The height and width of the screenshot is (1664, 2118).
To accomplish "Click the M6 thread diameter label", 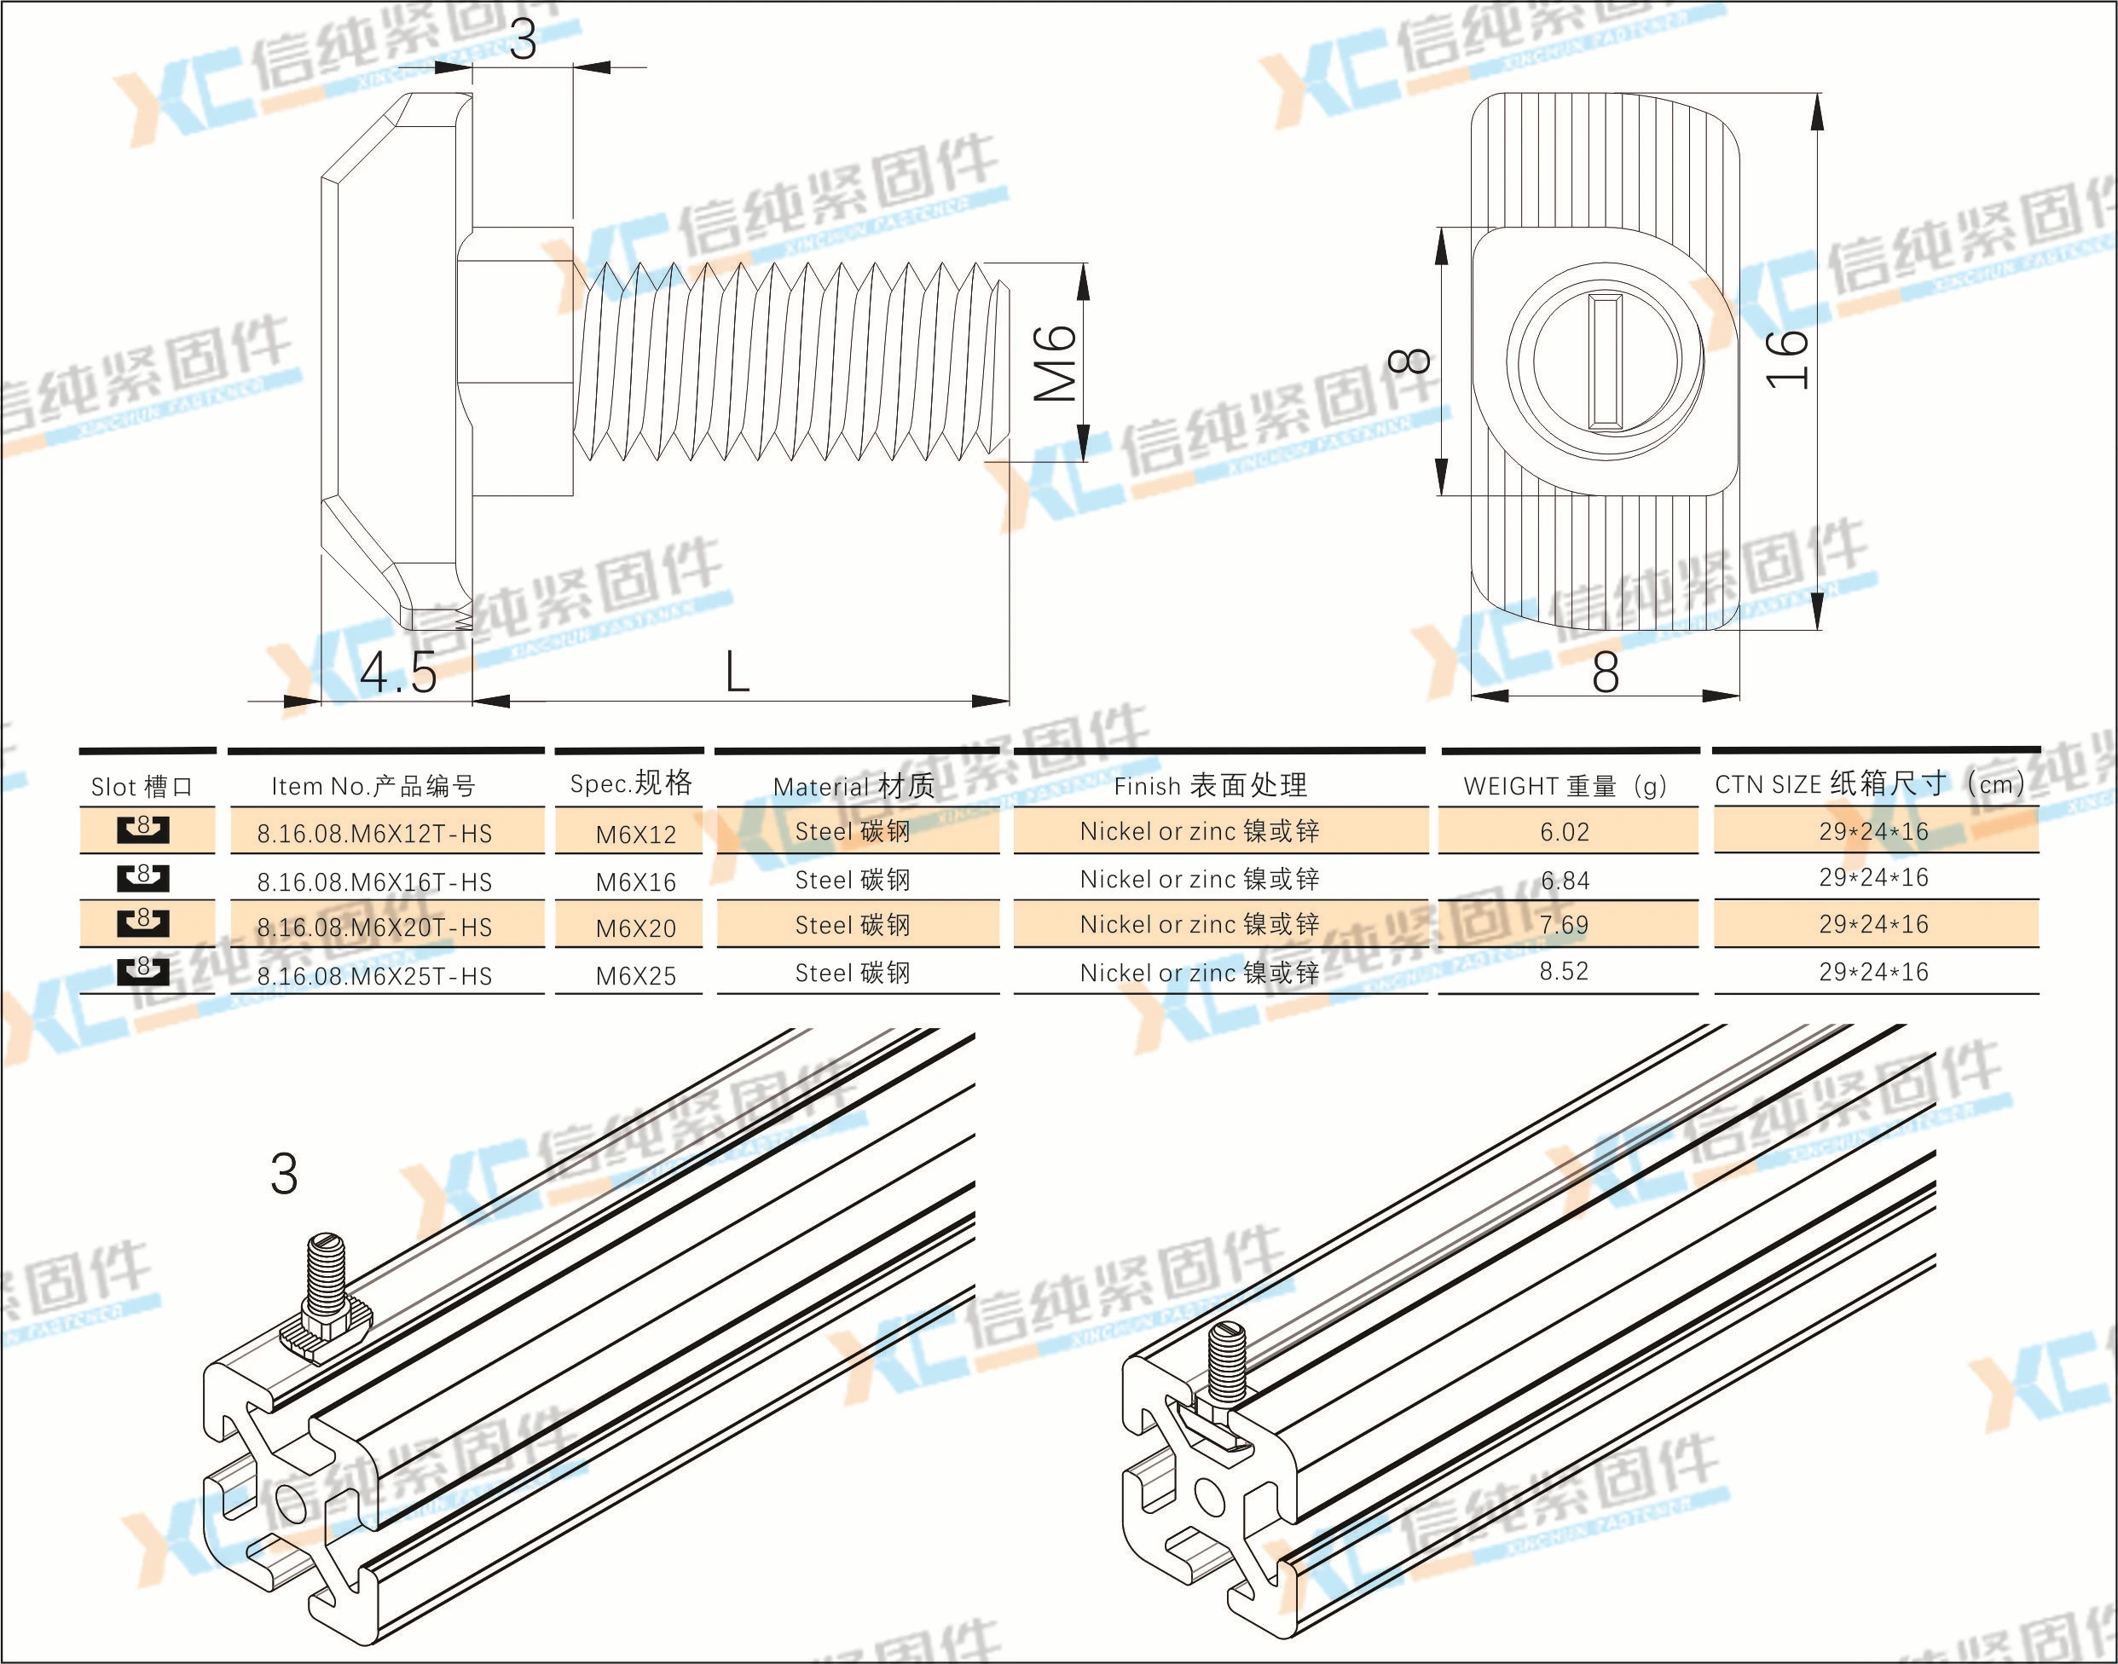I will pyautogui.click(x=1055, y=363).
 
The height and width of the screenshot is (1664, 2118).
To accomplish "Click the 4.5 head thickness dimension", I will pyautogui.click(x=398, y=673).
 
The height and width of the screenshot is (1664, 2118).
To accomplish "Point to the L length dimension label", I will pyautogui.click(x=738, y=673).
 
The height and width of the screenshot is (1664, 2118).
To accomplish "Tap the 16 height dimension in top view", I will pyautogui.click(x=1789, y=360).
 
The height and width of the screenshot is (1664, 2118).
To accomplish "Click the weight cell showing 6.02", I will pyautogui.click(x=1565, y=832).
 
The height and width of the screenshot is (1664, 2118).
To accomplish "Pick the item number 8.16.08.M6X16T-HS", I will pyautogui.click(x=374, y=881).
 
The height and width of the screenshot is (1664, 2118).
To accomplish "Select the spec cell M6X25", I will pyautogui.click(x=635, y=975).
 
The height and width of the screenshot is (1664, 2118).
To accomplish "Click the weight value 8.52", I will pyautogui.click(x=1564, y=971).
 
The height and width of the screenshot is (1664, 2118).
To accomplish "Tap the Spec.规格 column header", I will pyautogui.click(x=631, y=783).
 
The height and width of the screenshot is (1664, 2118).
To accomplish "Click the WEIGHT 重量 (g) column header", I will pyautogui.click(x=1565, y=785).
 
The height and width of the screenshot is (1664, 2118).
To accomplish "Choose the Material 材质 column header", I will pyautogui.click(x=854, y=785).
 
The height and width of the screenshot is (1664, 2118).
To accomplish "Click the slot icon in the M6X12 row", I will pyautogui.click(x=143, y=829).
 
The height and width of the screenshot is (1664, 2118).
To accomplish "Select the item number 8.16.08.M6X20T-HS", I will pyautogui.click(x=374, y=927).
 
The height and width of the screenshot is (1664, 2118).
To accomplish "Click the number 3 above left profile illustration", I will pyautogui.click(x=283, y=1174).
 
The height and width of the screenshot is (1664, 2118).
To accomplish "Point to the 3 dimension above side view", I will pyautogui.click(x=524, y=39).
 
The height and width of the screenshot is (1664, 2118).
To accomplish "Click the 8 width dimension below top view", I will pyautogui.click(x=1606, y=673).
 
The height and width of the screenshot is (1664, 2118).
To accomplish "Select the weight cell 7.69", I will pyautogui.click(x=1564, y=923).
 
